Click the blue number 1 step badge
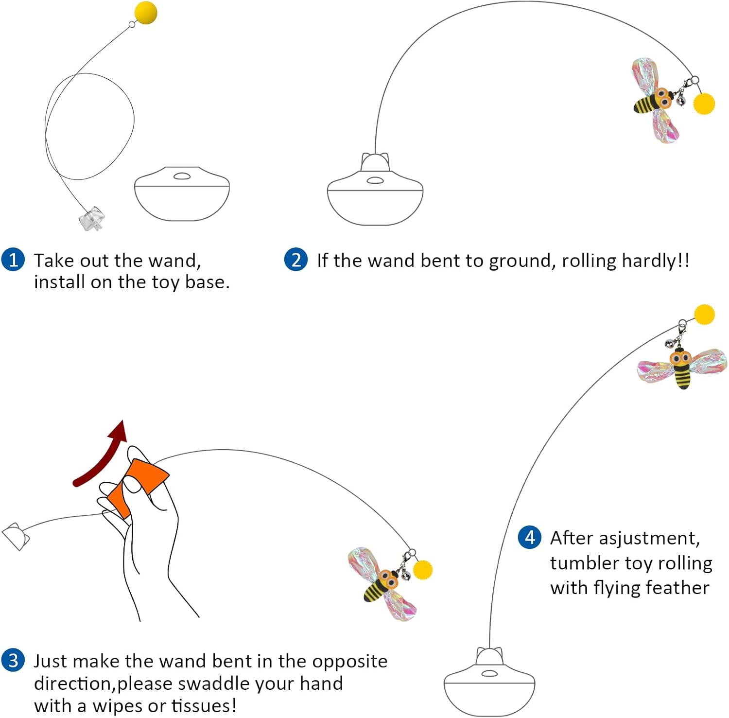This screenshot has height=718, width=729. pos(13,260)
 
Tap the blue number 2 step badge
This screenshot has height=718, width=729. pos(296,260)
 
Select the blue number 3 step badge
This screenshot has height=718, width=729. pos(13,661)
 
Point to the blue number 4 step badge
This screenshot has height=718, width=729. pos(529,537)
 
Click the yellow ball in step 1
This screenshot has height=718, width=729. pos(145,13)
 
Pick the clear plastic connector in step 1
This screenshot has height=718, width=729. pos(92,218)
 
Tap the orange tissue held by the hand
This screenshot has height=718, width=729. pos(138,486)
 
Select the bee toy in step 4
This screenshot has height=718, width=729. pos(682,366)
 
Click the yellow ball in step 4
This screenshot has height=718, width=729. pos(704,315)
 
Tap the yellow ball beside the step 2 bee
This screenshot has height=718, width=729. pos(703,104)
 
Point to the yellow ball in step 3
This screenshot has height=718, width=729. pos(422,570)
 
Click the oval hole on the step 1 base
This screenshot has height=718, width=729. pos(182,176)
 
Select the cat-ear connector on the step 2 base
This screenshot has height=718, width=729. pos(375,162)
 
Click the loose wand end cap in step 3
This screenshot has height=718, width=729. pos(16,537)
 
